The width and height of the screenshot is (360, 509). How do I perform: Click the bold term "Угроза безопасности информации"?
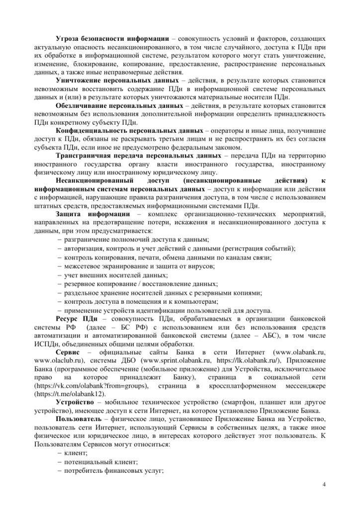pyautogui.click(x=112, y=38)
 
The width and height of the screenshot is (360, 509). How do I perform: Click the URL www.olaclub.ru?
pyautogui.click(x=57, y=360)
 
